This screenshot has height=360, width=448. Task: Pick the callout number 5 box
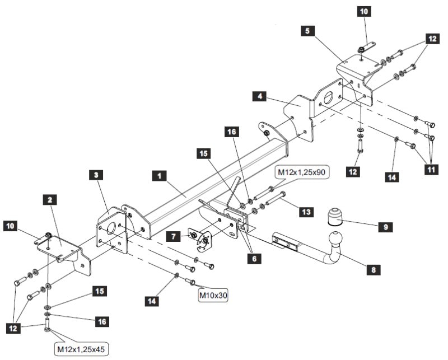pyautogui.click(x=307, y=32)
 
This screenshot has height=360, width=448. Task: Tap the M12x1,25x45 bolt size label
pyautogui.click(x=80, y=349)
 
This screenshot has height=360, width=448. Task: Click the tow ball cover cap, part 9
pyautogui.click(x=334, y=216)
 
